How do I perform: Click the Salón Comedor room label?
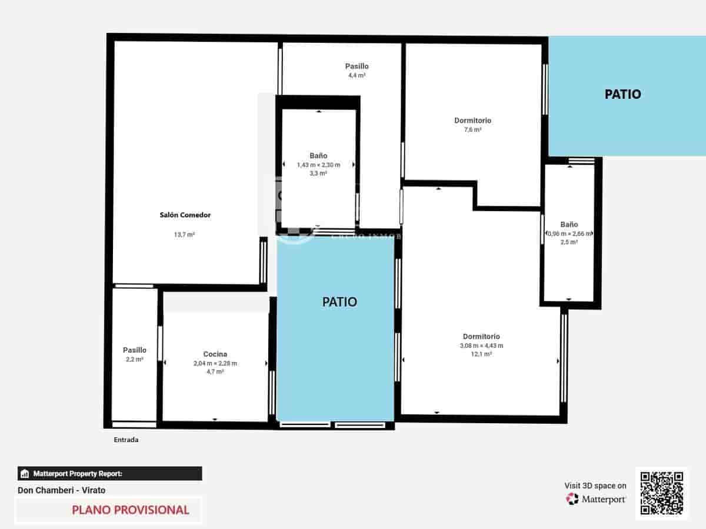pos(185,215)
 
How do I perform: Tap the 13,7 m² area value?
pos(185,235)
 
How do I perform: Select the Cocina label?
pos(215,354)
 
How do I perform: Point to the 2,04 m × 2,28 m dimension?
pos(215,363)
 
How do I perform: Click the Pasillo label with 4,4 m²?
pos(357,66)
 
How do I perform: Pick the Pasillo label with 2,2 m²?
pos(135,350)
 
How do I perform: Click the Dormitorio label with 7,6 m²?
pos(472,120)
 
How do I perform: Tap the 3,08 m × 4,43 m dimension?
pos(481,346)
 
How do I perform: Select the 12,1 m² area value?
pos(481,354)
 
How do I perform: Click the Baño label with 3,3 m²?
pos(318,156)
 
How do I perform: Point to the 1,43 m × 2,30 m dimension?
pos(318,165)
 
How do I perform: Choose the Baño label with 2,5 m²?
pos(569,225)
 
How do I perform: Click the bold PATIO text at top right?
pos(622,94)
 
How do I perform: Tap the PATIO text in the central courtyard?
pos(339,302)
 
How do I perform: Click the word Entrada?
pos(126,440)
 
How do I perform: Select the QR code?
pos(661,494)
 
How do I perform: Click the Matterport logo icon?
pos(572,499)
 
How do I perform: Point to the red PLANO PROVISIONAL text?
pos(131,510)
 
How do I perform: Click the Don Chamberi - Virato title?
pos(62,490)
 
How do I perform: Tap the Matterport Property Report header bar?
pos(109,474)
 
